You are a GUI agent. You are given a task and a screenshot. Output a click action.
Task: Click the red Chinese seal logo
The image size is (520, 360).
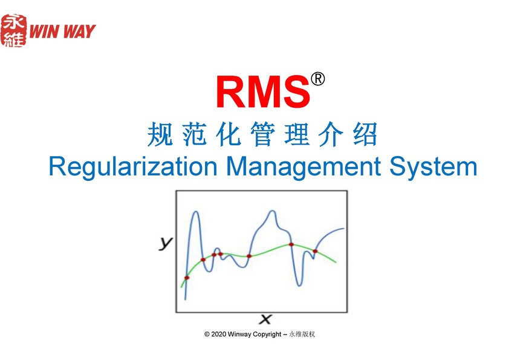click(13, 30)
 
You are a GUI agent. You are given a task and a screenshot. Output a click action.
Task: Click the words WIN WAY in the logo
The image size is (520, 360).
click(62, 31)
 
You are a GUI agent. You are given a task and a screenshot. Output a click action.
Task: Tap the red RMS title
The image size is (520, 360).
click(263, 91)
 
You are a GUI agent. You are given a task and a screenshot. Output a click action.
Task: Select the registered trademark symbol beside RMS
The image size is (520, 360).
click(317, 79)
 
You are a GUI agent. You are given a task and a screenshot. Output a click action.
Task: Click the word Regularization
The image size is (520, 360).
click(133, 167)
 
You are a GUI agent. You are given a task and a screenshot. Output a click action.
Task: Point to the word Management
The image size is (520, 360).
click(303, 167)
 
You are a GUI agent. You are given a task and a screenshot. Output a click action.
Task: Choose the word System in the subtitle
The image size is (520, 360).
click(433, 167)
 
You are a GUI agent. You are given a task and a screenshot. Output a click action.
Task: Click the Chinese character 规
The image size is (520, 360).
click(160, 134)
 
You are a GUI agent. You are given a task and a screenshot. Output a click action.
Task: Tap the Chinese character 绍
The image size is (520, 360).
click(365, 134)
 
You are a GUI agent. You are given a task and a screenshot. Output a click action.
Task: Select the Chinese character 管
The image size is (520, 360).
click(262, 134)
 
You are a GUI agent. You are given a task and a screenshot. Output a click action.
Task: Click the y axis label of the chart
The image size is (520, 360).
click(166, 243)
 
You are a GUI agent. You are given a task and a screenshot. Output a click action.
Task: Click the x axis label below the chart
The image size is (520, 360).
click(265, 319)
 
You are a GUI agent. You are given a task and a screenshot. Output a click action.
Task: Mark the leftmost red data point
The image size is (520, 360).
click(187, 278)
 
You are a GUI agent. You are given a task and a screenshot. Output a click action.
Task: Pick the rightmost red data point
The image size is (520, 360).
click(315, 251)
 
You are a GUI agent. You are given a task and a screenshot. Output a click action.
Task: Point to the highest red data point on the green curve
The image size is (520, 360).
click(291, 244)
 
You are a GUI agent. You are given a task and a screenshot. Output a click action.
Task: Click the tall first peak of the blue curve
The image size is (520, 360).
click(196, 212)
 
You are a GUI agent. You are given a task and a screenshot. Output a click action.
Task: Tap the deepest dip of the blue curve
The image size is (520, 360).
click(299, 285)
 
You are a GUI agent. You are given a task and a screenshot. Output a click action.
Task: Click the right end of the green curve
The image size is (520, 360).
click(336, 262)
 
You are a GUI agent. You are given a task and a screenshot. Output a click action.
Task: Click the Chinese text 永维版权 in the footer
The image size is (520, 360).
click(302, 335)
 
